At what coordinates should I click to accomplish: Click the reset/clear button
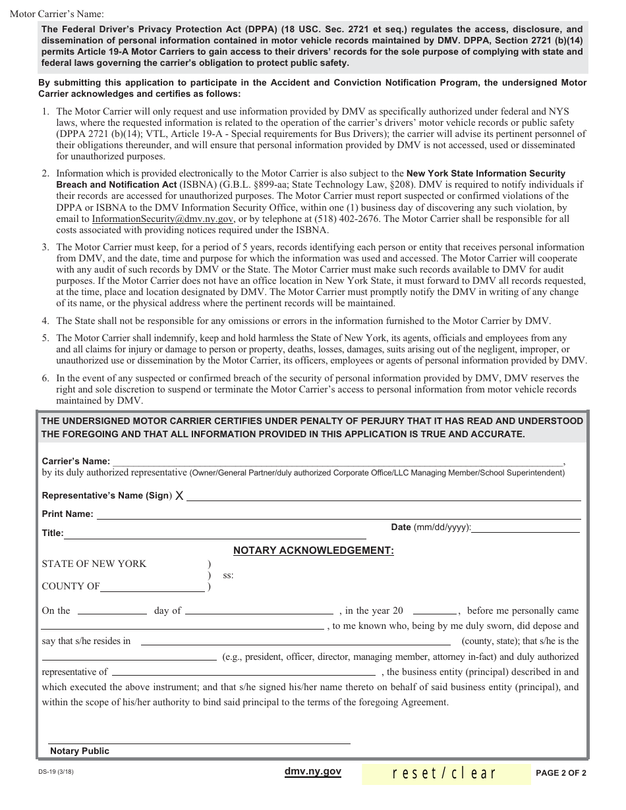point(445,772)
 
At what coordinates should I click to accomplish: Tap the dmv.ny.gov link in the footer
point(312,771)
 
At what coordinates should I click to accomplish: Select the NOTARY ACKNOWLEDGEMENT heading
point(314,551)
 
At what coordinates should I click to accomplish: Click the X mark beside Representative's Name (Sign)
point(179,496)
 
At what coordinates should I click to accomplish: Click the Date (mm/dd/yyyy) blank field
point(526,527)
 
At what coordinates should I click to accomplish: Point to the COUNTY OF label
point(71,586)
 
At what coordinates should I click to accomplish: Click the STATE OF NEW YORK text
point(94,564)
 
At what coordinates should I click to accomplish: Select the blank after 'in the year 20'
point(434,610)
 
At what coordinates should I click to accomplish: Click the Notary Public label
point(80,751)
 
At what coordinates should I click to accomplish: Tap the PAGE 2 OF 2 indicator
point(560,772)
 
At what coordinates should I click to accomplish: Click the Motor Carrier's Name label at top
point(57,14)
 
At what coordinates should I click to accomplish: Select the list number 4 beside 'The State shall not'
point(45,321)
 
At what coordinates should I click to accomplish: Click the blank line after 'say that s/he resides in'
point(296,641)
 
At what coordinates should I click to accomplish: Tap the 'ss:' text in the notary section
point(228,575)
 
